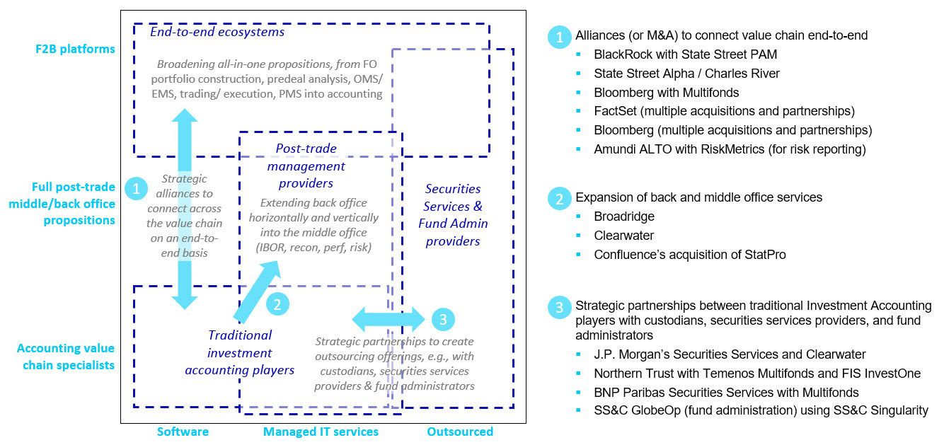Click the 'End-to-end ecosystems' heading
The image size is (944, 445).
point(217,32)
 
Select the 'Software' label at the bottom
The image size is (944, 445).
point(183,431)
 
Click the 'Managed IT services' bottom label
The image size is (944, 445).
point(321,431)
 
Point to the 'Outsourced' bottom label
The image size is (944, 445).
point(459,431)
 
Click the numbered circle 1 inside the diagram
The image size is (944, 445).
point(135,188)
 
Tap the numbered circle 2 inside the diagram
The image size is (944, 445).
point(277,304)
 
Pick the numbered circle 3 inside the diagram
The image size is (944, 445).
point(443,320)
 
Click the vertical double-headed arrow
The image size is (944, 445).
point(185,209)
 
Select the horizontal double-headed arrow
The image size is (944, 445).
point(388,319)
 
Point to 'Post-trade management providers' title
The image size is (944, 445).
point(306,166)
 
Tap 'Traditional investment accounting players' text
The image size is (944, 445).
point(240,352)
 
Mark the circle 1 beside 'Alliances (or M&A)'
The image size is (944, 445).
point(559,37)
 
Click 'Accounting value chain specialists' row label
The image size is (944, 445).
point(65,357)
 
